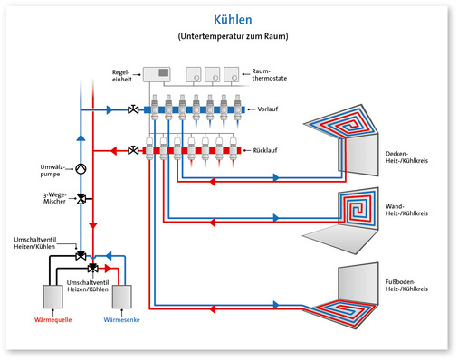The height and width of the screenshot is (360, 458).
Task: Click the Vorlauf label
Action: pos(269,109)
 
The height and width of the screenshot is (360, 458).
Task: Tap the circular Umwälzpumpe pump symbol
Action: pos(81,169)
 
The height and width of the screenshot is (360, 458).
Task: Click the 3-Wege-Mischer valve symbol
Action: pos(81,198)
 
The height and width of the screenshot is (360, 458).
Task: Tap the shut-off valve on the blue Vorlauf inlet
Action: pos(134,110)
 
